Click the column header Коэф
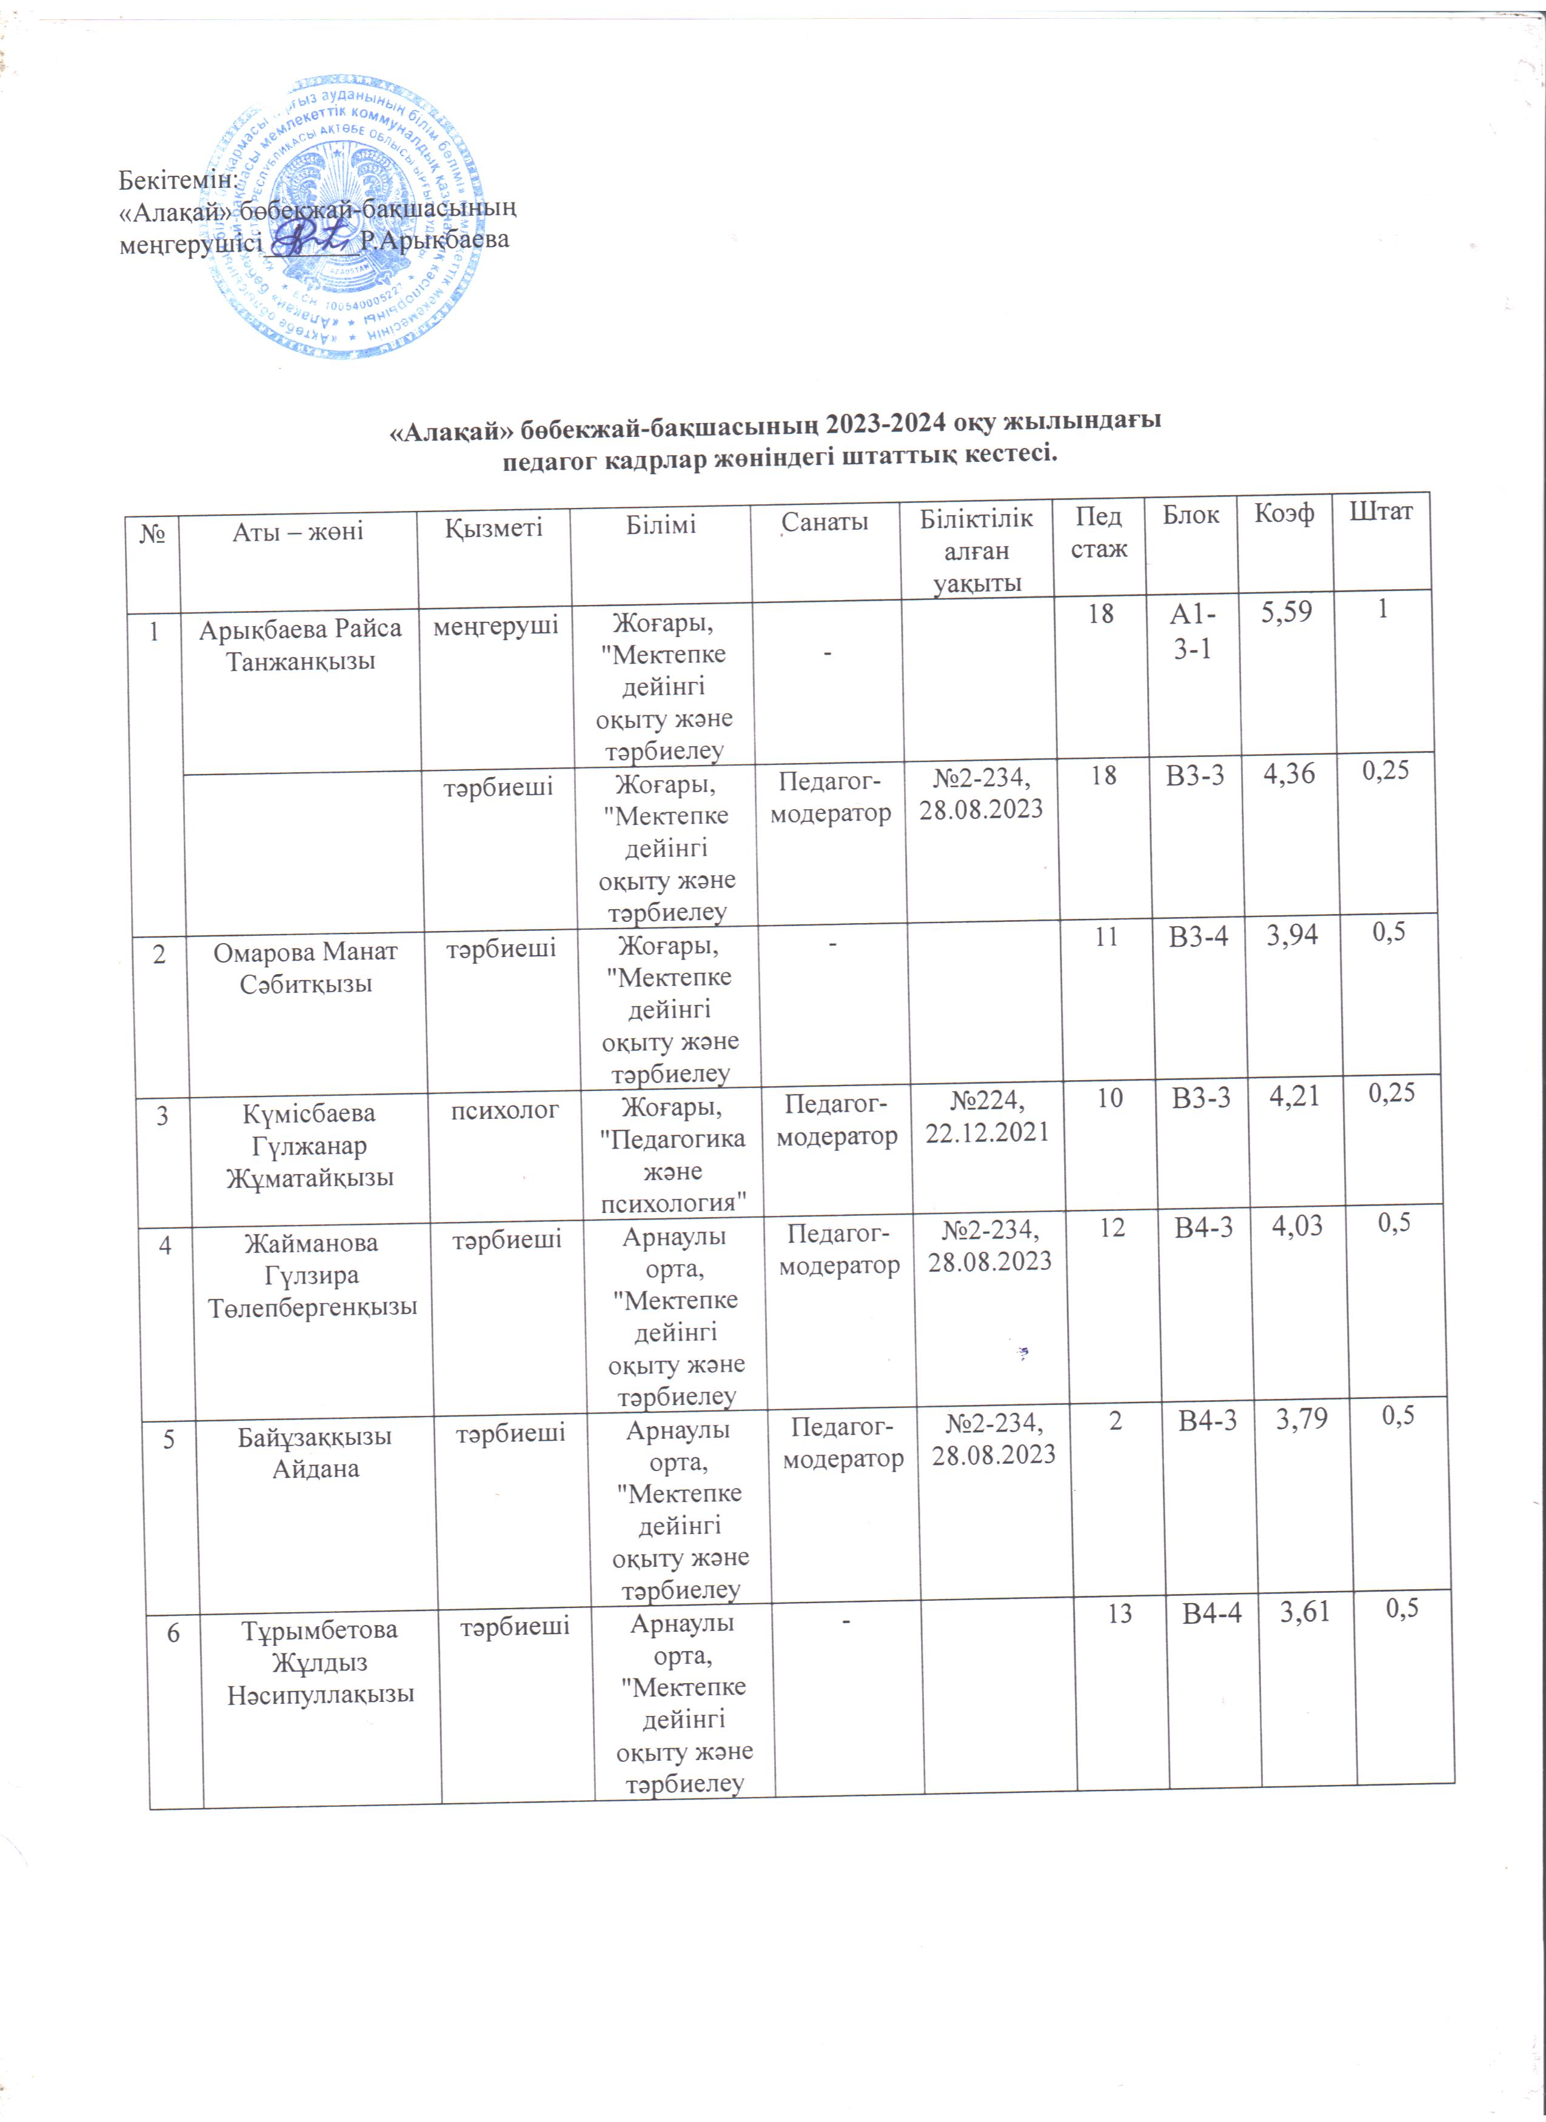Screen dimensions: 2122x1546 (1284, 513)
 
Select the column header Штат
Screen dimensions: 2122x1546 (1381, 511)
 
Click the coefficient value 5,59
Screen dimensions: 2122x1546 (1287, 613)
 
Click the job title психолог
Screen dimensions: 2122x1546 (506, 1110)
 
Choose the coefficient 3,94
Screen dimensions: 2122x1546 (1293, 935)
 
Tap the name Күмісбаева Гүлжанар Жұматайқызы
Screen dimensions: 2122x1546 (310, 1145)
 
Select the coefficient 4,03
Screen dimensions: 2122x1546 (1296, 1226)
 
